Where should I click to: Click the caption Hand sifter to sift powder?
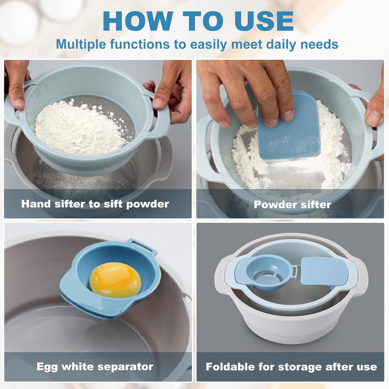pyautogui.click(x=95, y=204)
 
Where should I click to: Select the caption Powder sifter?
pyautogui.click(x=293, y=205)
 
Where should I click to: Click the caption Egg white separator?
pyautogui.click(x=95, y=367)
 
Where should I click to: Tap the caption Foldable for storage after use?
pyautogui.click(x=291, y=367)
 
